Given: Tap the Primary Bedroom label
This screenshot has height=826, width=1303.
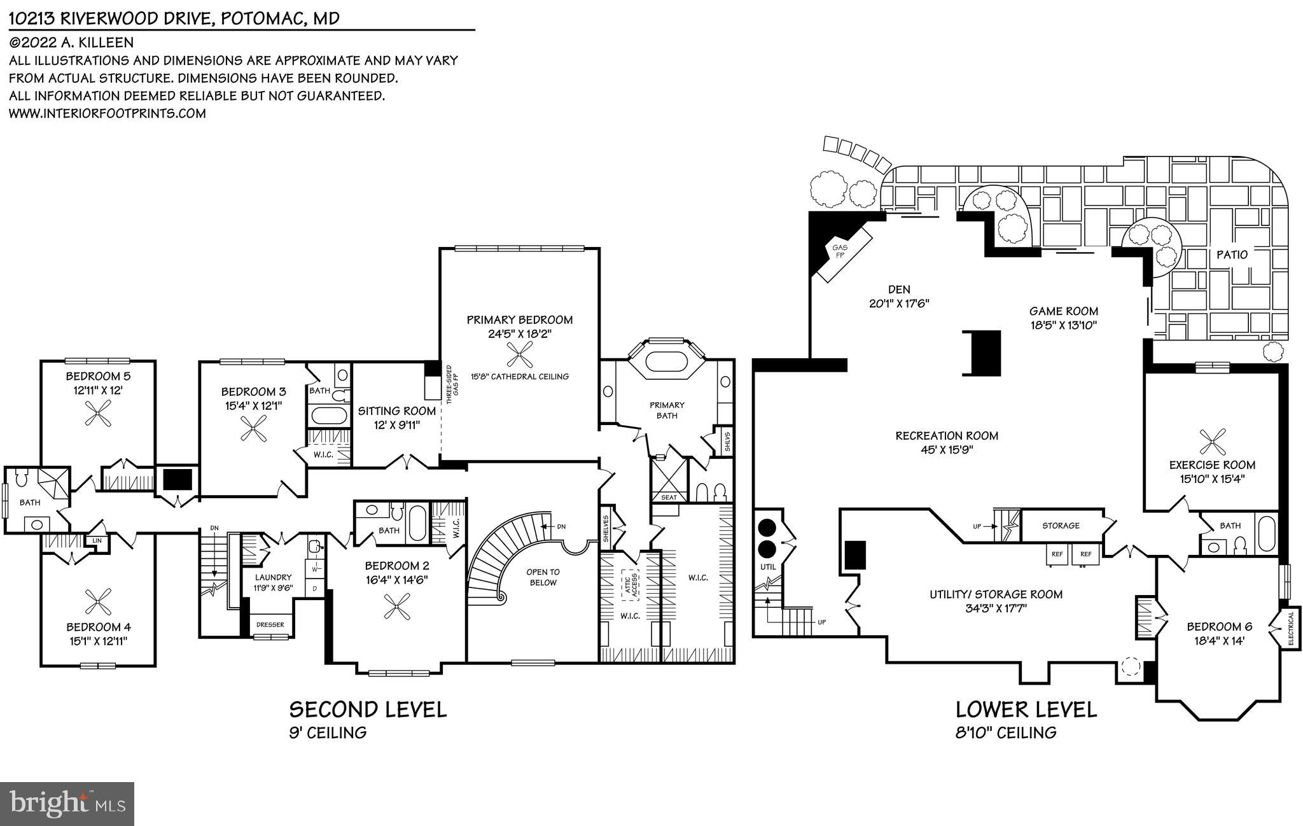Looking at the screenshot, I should pyautogui.click(x=519, y=320).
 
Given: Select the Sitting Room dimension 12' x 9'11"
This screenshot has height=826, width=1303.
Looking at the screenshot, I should pyautogui.click(x=396, y=425).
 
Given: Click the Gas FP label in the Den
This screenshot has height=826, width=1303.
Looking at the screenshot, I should pyautogui.click(x=840, y=251).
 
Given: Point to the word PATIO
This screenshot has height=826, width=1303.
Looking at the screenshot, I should pyautogui.click(x=1232, y=255).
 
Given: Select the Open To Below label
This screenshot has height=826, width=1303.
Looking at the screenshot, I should pyautogui.click(x=542, y=577).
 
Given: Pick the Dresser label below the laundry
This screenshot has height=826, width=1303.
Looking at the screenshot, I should pyautogui.click(x=270, y=624).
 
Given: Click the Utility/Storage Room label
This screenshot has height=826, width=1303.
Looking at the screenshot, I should pyautogui.click(x=996, y=594).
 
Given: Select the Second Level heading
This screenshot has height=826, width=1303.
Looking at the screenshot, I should pyautogui.click(x=368, y=710).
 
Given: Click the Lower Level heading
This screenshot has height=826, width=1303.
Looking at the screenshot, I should pyautogui.click(x=1026, y=710).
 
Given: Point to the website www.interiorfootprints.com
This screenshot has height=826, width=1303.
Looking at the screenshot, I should pyautogui.click(x=107, y=113).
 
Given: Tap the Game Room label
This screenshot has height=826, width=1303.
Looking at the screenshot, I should pyautogui.click(x=1064, y=311).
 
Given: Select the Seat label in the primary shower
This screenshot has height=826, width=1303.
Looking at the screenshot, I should pyautogui.click(x=669, y=497).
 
